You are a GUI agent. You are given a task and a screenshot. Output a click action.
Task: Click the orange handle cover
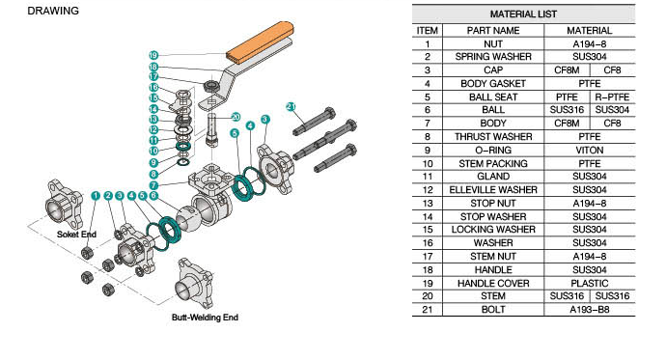coord(260,42)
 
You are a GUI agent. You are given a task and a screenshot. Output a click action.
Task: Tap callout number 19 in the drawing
coord(153,55)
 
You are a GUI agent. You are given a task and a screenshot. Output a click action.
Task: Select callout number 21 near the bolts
coord(291,106)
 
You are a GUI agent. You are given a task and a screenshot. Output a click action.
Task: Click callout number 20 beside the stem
coord(236,117)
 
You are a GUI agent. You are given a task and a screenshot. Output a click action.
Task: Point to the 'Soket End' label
coord(76,235)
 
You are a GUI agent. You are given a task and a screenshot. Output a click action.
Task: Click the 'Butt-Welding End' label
coord(205,318)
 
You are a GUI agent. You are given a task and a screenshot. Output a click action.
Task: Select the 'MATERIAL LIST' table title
coord(523,14)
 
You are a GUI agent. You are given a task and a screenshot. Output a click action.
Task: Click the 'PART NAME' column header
coord(493,31)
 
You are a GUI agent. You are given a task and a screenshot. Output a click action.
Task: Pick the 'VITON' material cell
coord(590,151)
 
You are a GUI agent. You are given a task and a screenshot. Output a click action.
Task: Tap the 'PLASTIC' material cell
coord(590,283)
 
